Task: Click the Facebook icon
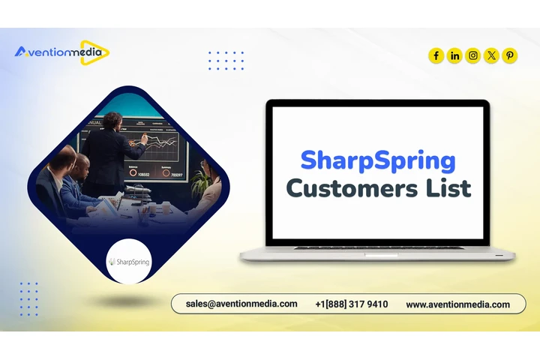point(436,55)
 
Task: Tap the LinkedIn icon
point(454,55)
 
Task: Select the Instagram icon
point(473,55)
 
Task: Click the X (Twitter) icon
point(491,55)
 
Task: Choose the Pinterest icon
point(510,55)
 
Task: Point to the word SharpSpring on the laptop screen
point(378,160)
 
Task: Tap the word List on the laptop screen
point(448,187)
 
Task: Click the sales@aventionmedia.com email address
point(241,304)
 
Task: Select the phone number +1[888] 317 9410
point(352,304)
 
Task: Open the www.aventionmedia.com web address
point(457,304)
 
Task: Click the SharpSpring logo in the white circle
point(129,262)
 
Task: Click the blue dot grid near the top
point(226,61)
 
